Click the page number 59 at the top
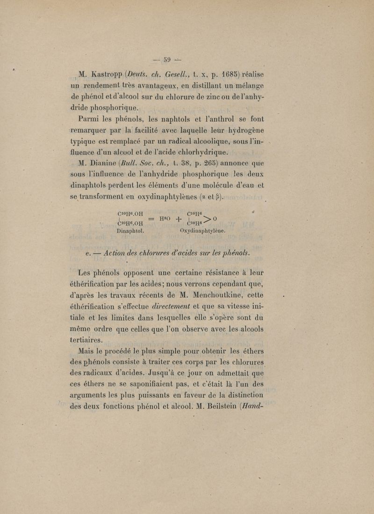167,60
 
